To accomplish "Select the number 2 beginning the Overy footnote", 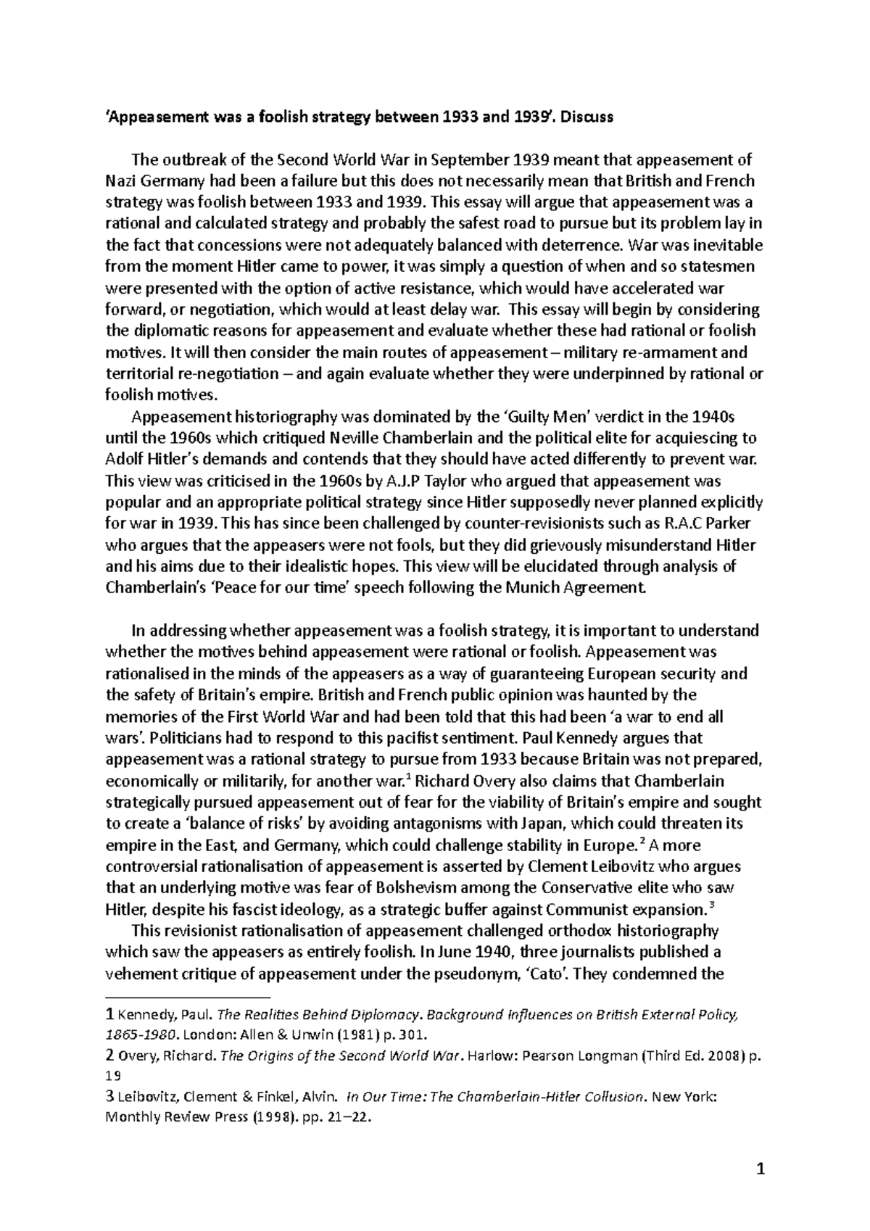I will click(x=109, y=1056).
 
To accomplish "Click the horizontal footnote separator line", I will click(x=186, y=997).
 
